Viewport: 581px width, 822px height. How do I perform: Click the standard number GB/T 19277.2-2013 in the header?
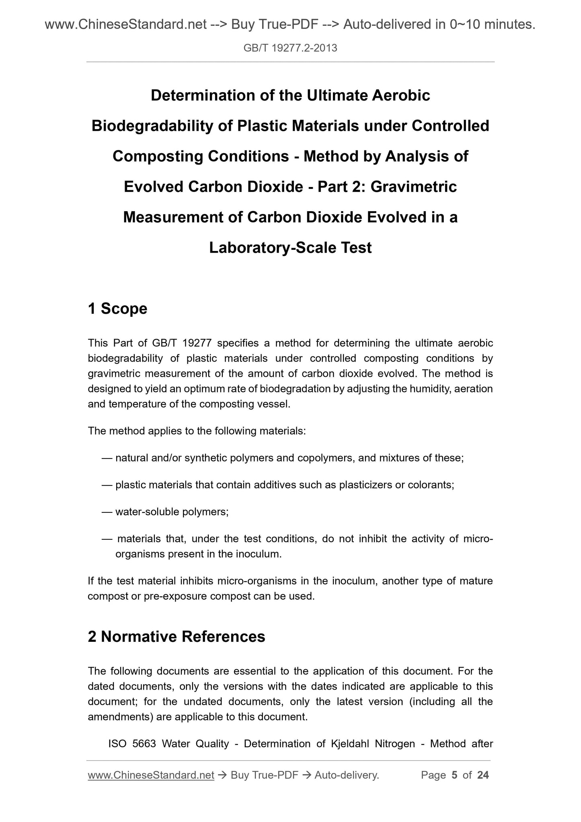(290, 49)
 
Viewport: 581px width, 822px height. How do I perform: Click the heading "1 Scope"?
(117, 308)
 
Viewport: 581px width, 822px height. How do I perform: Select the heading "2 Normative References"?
(177, 637)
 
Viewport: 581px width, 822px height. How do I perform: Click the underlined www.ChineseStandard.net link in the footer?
(151, 775)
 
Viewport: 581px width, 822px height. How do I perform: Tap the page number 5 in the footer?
(454, 775)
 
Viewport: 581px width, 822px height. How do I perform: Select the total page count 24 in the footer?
(483, 775)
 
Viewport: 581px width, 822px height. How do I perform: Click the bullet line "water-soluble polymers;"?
(172, 512)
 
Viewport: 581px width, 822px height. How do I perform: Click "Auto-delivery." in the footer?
(347, 775)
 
